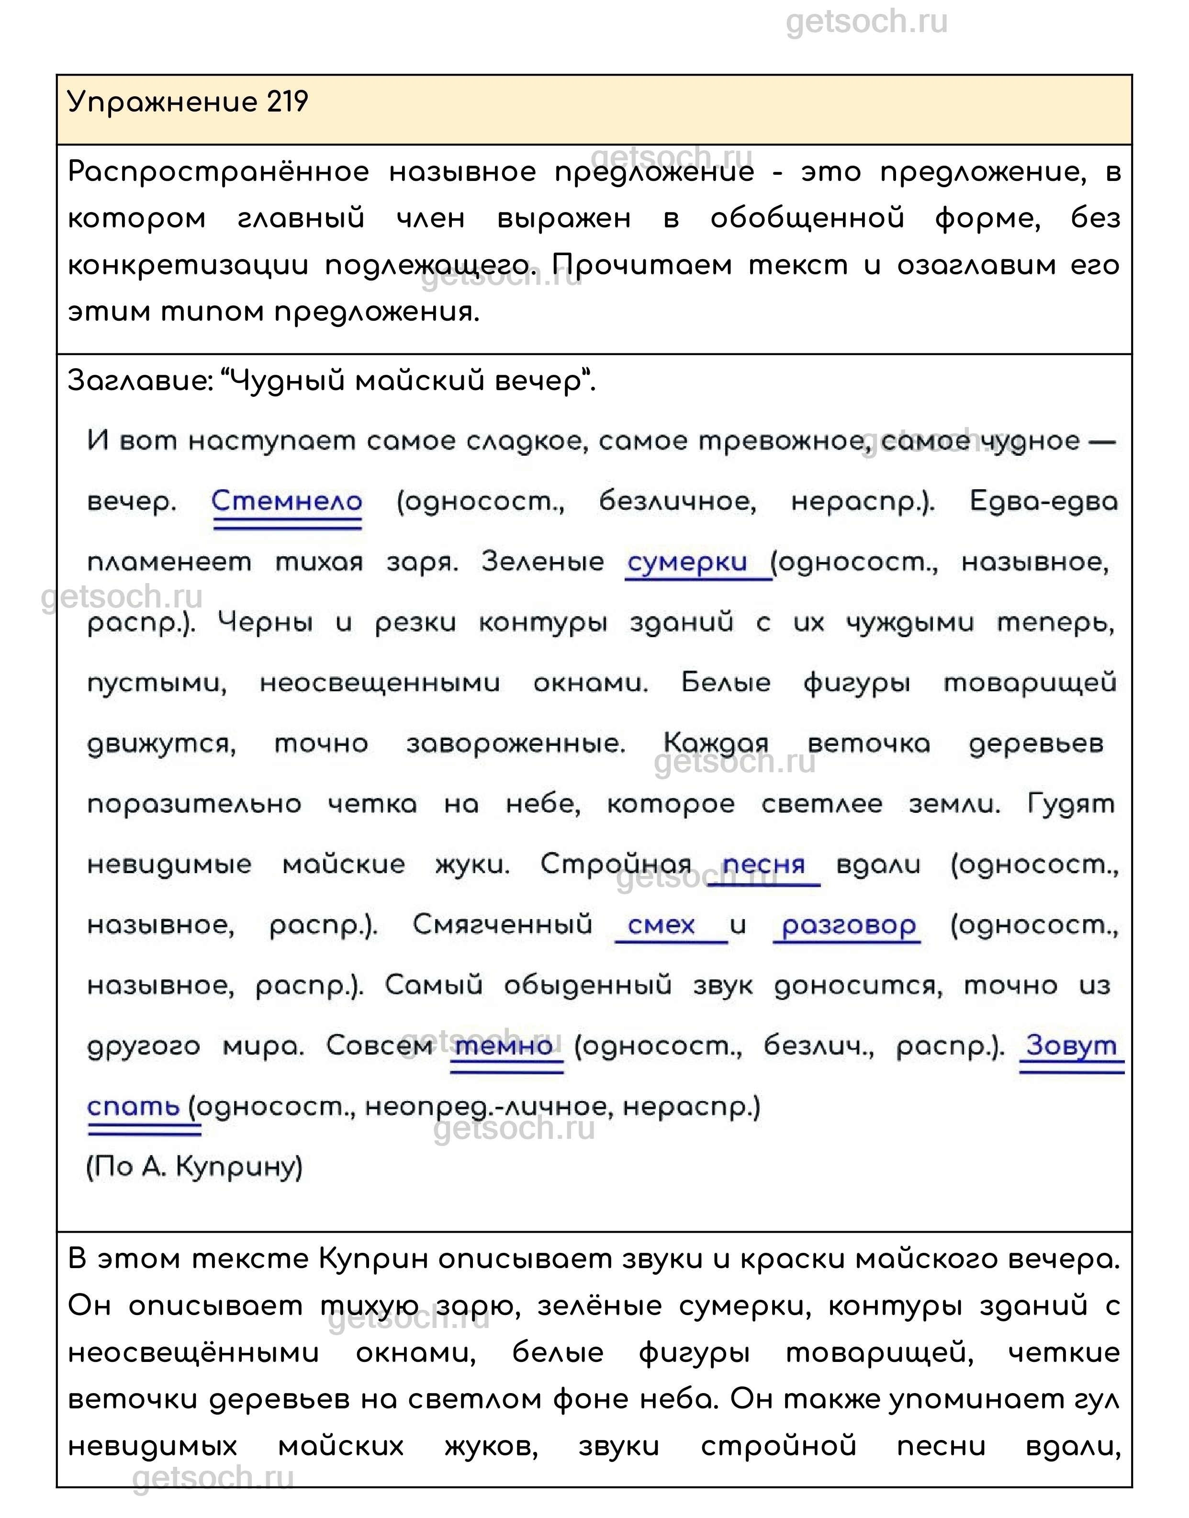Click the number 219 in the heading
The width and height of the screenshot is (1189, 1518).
pyautogui.click(x=287, y=102)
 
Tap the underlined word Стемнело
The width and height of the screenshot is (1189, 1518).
pyautogui.click(x=287, y=502)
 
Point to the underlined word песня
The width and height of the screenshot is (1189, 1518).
pyautogui.click(x=763, y=865)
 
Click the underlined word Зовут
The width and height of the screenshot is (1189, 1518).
pyautogui.click(x=1071, y=1046)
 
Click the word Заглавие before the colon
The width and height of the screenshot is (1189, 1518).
pyautogui.click(x=137, y=382)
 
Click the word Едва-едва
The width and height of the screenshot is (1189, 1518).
pyautogui.click(x=1043, y=502)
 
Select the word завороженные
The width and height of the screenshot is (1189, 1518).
pyautogui.click(x=516, y=744)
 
